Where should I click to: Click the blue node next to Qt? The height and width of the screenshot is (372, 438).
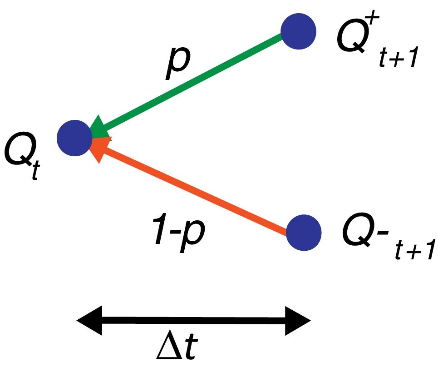point(74,137)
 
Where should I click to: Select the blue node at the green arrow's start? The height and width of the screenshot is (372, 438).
point(298,31)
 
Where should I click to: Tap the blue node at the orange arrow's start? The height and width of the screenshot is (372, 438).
point(304,232)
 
